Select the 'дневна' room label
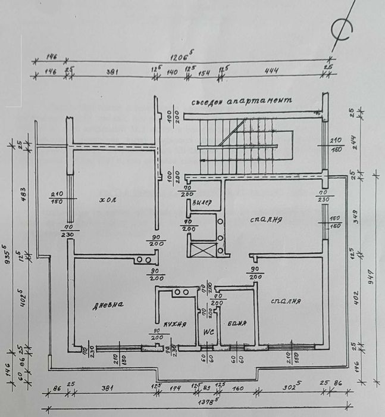click(x=108, y=305)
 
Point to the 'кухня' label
click(x=176, y=325)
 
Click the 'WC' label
click(x=209, y=331)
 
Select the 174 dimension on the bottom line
click(x=174, y=388)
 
